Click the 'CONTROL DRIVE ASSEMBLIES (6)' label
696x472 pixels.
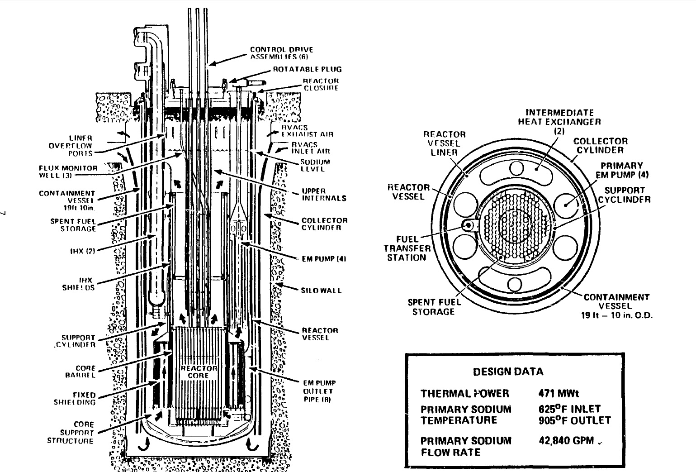281,53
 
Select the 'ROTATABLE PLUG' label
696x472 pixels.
307,70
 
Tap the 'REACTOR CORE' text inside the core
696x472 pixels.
199,372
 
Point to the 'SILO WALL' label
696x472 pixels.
321,291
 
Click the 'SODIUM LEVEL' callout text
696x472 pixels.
315,166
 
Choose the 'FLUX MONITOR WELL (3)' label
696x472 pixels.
68,172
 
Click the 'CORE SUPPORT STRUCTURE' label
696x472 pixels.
71,433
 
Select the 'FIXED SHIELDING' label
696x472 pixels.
79,398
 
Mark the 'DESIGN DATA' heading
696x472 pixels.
508,372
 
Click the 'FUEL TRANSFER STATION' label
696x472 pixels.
407,248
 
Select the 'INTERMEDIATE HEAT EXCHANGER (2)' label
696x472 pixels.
559,121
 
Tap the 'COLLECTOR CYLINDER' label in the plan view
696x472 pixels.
601,146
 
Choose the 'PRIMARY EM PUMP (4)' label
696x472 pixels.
622,170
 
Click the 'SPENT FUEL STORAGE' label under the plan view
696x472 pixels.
433,307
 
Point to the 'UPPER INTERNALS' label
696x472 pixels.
324,195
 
